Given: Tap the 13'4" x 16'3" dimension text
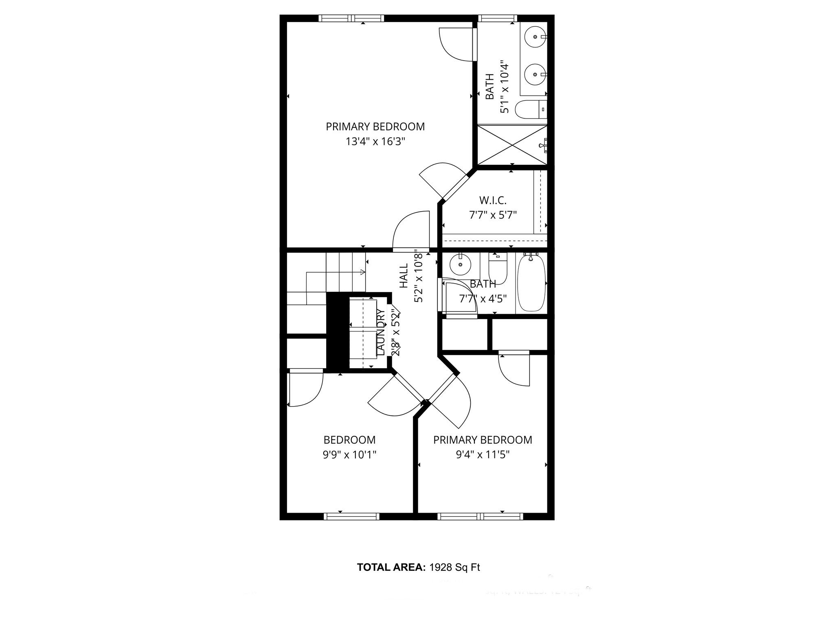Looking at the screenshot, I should tap(375, 142).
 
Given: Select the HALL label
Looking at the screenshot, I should tap(404, 276).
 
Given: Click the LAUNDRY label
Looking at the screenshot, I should tap(381, 332).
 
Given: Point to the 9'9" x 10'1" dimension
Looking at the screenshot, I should tap(349, 454).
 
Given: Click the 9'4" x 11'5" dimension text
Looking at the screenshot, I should tap(483, 454).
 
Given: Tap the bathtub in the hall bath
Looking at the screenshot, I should tap(531, 283).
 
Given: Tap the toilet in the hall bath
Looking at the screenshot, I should tap(497, 269).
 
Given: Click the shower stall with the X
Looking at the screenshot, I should tap(512, 145).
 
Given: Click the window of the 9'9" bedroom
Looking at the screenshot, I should tap(351, 516).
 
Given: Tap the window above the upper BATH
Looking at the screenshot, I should tap(497, 18).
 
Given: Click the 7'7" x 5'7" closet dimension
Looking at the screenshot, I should tap(493, 215).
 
